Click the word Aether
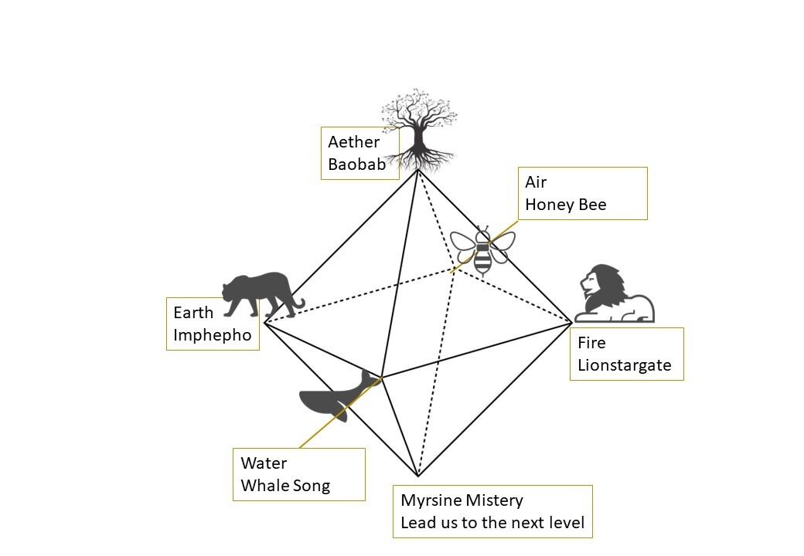tap(353, 142)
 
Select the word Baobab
tap(356, 164)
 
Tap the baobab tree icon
tap(418, 131)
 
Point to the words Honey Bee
tap(565, 205)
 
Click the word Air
tap(536, 182)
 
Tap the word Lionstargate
tap(625, 364)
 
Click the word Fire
tap(591, 342)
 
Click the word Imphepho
tap(213, 335)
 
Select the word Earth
tap(193, 313)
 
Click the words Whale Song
tap(285, 486)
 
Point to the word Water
tap(264, 463)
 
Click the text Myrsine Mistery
tap(462, 500)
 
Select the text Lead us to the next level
tap(492, 523)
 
